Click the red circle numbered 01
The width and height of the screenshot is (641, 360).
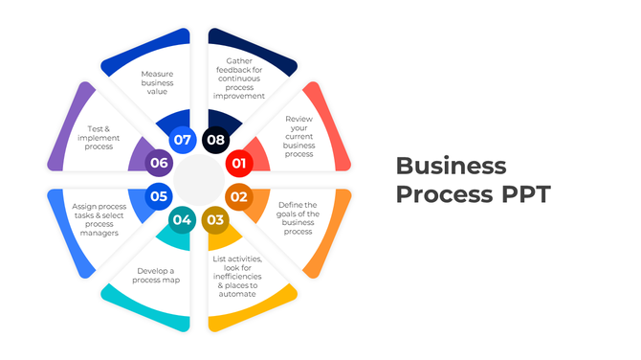pyautogui.click(x=238, y=164)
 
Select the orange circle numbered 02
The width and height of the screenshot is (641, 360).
pyautogui.click(x=238, y=197)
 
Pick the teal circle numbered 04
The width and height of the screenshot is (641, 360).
pyautogui.click(x=182, y=220)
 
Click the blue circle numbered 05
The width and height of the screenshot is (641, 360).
pyautogui.click(x=159, y=197)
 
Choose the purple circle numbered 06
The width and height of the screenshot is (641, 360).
pyautogui.click(x=159, y=163)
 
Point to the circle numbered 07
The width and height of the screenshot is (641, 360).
pyautogui.click(x=182, y=140)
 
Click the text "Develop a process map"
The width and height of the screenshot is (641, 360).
pyautogui.click(x=157, y=276)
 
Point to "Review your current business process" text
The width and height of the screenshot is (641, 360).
pyautogui.click(x=299, y=136)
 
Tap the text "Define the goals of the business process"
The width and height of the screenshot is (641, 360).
pyautogui.click(x=298, y=217)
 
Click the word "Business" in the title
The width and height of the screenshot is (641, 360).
pyautogui.click(x=451, y=165)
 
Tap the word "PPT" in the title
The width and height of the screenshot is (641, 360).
pyautogui.click(x=523, y=193)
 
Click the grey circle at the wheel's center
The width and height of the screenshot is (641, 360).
pyautogui.click(x=199, y=180)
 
